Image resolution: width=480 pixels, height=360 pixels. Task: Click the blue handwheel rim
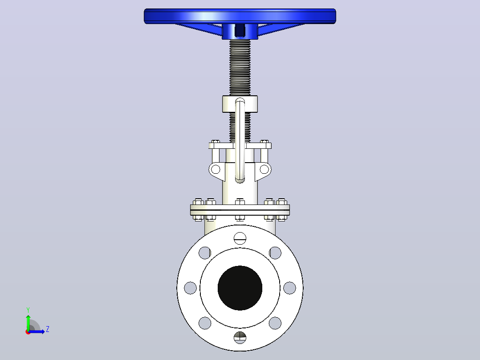tap(240, 16)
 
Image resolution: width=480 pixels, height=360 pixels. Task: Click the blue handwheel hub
tap(240, 32)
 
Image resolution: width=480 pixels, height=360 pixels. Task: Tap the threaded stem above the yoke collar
tap(240, 67)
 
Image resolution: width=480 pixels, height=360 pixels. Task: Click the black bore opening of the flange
tap(240, 288)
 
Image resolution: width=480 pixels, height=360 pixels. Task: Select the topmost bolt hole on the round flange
tap(240, 238)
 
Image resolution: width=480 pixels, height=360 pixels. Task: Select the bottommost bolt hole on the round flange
tap(240, 337)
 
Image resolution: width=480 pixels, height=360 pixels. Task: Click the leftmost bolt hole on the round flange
tap(190, 288)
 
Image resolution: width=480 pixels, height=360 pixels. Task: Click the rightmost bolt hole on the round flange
tap(289, 288)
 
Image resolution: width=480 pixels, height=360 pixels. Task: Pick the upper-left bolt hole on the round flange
tap(205, 253)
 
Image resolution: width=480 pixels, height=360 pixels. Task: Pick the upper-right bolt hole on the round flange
tap(275, 253)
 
